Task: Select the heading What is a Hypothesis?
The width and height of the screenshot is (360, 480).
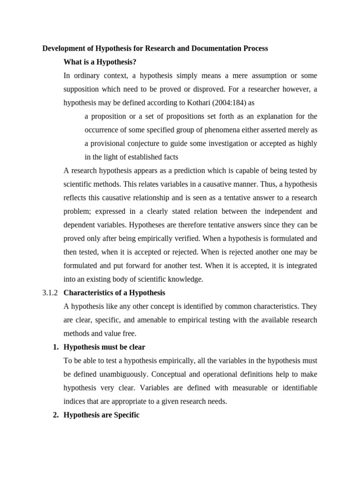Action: tap(99, 62)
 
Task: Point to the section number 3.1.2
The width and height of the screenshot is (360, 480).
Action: tap(50, 293)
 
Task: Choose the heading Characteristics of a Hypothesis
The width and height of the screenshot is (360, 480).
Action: tap(114, 293)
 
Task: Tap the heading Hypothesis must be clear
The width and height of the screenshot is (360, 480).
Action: tap(104, 347)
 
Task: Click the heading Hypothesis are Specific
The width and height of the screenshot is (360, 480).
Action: tap(101, 415)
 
